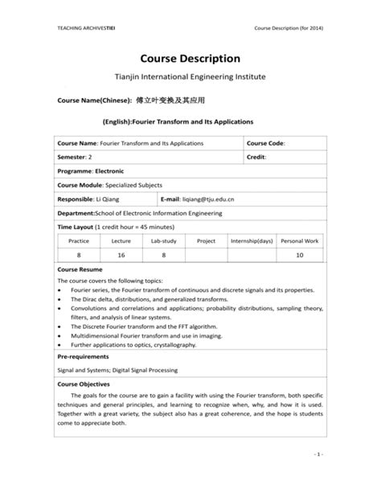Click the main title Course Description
[x=190, y=59]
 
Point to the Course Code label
[x=266, y=142]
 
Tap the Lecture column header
[x=121, y=240]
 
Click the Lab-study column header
[x=163, y=240]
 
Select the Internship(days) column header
[x=252, y=240]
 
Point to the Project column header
[x=207, y=240]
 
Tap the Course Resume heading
[x=79, y=269]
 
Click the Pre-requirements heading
[x=84, y=355]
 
